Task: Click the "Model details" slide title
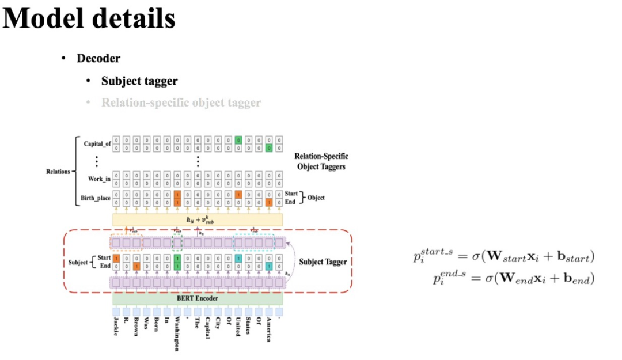(89, 18)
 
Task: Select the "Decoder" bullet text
(98, 58)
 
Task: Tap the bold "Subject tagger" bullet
(139, 81)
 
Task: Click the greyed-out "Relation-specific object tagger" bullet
(181, 103)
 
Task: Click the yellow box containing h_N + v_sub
(198, 219)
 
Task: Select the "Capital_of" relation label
(97, 144)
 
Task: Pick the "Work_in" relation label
(99, 179)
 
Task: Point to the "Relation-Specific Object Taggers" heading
(321, 161)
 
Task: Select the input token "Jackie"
(116, 327)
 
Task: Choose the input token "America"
(268, 329)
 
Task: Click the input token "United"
(238, 327)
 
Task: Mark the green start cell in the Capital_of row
(238, 140)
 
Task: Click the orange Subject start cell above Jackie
(116, 259)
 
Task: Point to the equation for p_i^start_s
(503, 256)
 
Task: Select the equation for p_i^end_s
(513, 278)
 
